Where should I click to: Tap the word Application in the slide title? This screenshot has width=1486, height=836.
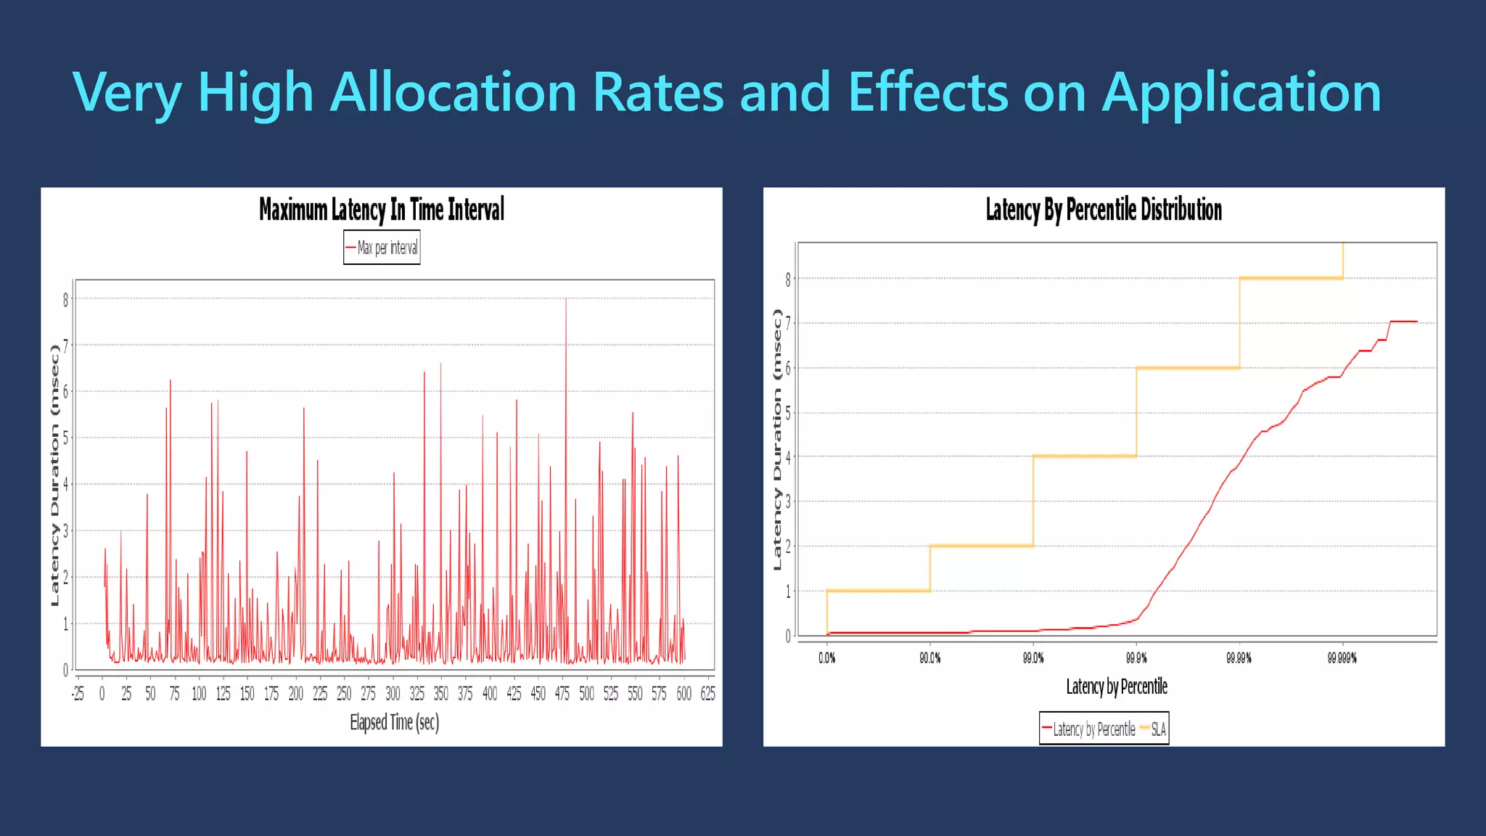pyautogui.click(x=1241, y=92)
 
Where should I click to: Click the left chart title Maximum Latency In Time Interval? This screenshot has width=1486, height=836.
pyautogui.click(x=382, y=210)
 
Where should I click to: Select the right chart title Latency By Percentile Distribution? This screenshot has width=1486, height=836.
pyautogui.click(x=1103, y=210)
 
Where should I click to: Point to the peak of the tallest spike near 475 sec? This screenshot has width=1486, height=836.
pyautogui.click(x=566, y=300)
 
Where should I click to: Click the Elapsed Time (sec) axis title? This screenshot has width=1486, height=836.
pyautogui.click(x=394, y=722)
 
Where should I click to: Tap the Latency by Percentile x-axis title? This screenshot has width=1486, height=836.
pyautogui.click(x=1116, y=687)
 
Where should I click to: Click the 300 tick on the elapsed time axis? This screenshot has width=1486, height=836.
pyautogui.click(x=393, y=694)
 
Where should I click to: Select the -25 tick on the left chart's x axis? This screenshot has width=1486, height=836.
pyautogui.click(x=78, y=694)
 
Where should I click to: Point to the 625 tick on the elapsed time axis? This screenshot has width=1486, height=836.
pyautogui.click(x=707, y=694)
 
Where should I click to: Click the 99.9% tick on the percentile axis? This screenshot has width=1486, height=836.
pyautogui.click(x=1136, y=658)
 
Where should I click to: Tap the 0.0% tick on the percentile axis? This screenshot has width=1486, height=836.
pyautogui.click(x=826, y=658)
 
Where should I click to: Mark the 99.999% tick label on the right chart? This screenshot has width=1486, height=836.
pyautogui.click(x=1342, y=658)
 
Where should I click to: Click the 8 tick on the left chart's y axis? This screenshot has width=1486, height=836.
pyautogui.click(x=65, y=300)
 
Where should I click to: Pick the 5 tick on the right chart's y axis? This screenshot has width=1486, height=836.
pyautogui.click(x=788, y=413)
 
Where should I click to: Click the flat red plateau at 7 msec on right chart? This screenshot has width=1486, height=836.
pyautogui.click(x=1403, y=321)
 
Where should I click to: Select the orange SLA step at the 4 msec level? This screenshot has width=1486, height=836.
pyautogui.click(x=1084, y=456)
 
